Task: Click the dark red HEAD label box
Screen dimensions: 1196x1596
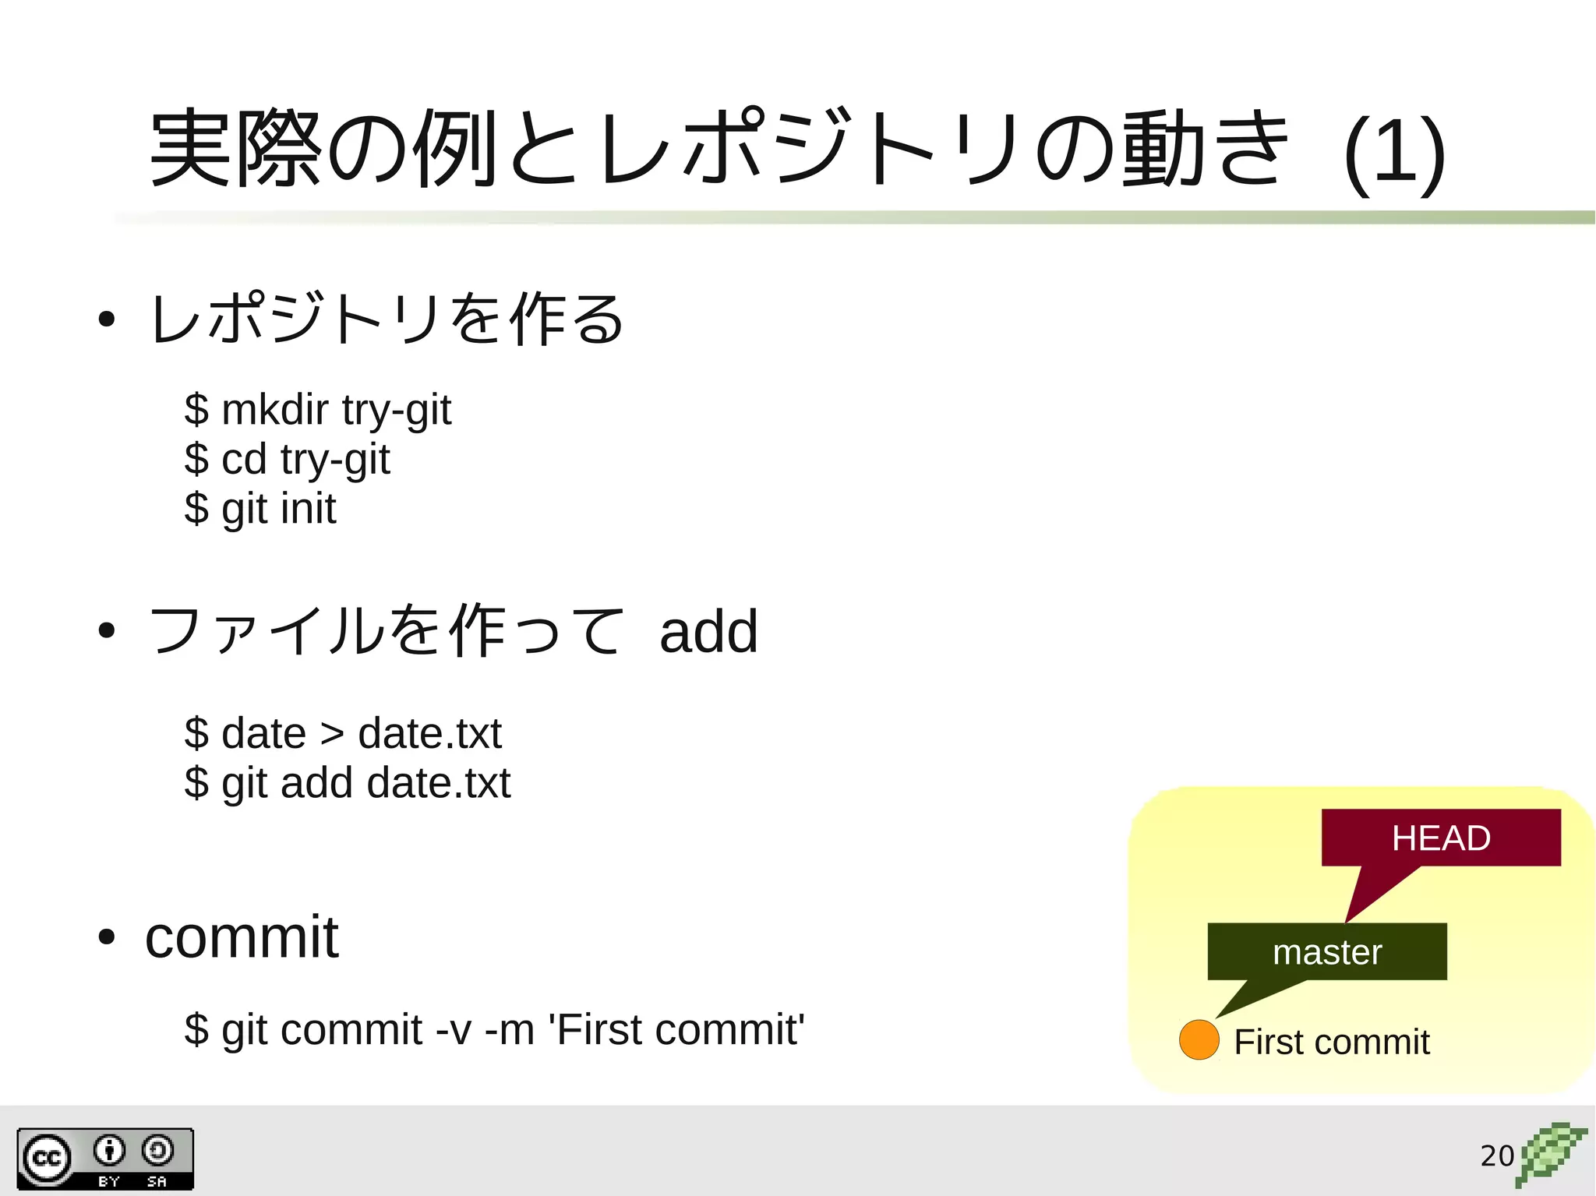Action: [x=1440, y=838]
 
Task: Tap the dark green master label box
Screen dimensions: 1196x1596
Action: [x=1326, y=952]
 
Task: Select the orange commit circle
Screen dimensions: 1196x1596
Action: [x=1199, y=1040]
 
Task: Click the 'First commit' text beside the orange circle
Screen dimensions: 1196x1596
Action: [x=1331, y=1043]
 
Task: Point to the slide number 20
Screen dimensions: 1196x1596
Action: [x=1497, y=1155]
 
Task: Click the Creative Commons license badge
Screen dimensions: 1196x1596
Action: [x=105, y=1159]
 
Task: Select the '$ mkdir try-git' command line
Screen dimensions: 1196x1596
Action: [x=317, y=411]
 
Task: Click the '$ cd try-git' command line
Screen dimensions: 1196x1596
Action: [x=287, y=460]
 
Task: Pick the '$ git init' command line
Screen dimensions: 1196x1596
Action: [x=260, y=510]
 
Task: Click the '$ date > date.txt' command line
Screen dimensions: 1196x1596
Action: [x=343, y=734]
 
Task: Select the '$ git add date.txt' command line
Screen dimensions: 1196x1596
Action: [x=348, y=783]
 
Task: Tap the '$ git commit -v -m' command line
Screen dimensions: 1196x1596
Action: [x=494, y=1030]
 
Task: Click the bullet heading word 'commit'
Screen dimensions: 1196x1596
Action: [x=242, y=937]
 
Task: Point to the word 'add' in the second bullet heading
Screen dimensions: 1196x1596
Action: [x=708, y=631]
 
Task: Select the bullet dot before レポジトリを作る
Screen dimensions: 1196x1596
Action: [x=107, y=319]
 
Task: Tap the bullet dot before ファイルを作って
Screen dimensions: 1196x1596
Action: [x=107, y=630]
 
